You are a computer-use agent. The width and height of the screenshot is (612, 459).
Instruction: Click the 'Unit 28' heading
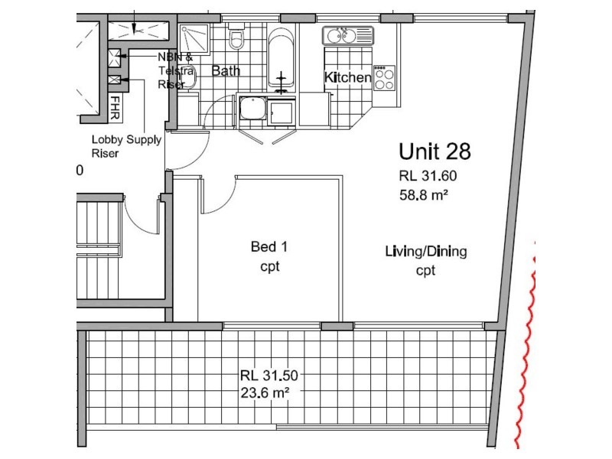click(435, 151)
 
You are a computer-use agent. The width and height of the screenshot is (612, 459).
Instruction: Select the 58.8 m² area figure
click(423, 194)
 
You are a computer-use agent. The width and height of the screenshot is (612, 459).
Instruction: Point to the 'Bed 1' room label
click(269, 246)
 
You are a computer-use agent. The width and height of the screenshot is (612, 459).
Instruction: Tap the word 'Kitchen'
click(347, 77)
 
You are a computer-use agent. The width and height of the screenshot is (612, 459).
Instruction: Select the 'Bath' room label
click(226, 71)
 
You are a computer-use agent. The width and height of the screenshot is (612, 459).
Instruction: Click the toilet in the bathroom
click(236, 38)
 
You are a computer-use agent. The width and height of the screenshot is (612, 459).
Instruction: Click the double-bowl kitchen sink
click(347, 35)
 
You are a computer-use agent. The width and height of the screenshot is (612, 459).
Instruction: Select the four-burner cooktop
click(383, 78)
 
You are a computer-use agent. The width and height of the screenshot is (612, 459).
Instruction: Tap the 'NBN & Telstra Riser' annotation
click(172, 71)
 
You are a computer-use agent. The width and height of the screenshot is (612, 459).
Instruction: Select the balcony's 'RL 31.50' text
click(269, 376)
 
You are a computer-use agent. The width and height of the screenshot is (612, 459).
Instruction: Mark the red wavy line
click(524, 337)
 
